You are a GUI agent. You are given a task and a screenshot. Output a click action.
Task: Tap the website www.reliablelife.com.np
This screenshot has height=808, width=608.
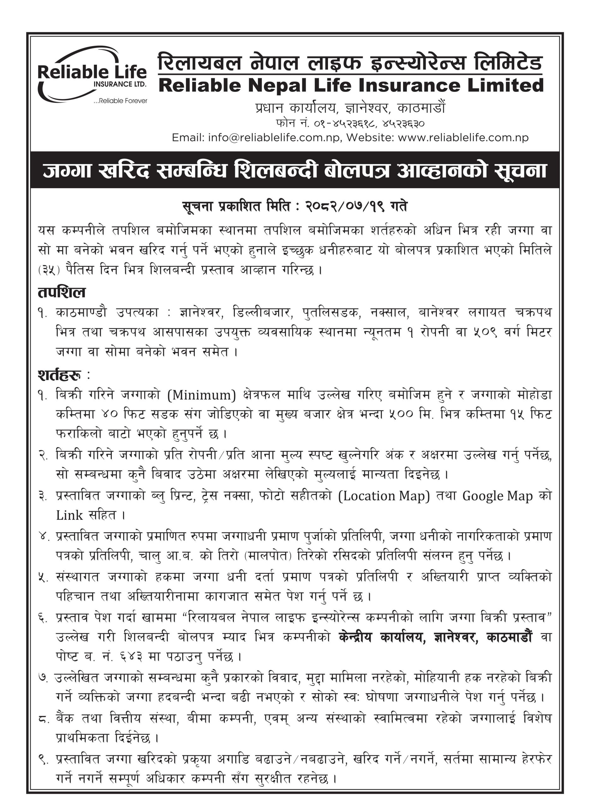point(463,138)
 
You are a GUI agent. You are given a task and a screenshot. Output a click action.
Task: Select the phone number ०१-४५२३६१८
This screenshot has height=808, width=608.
point(344,123)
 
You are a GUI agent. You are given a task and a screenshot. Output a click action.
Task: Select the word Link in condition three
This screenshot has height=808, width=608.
point(69,515)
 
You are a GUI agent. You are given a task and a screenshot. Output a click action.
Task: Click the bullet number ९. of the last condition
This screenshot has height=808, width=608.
point(43,759)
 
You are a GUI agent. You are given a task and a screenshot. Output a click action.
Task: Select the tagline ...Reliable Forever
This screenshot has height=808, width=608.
point(120,101)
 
